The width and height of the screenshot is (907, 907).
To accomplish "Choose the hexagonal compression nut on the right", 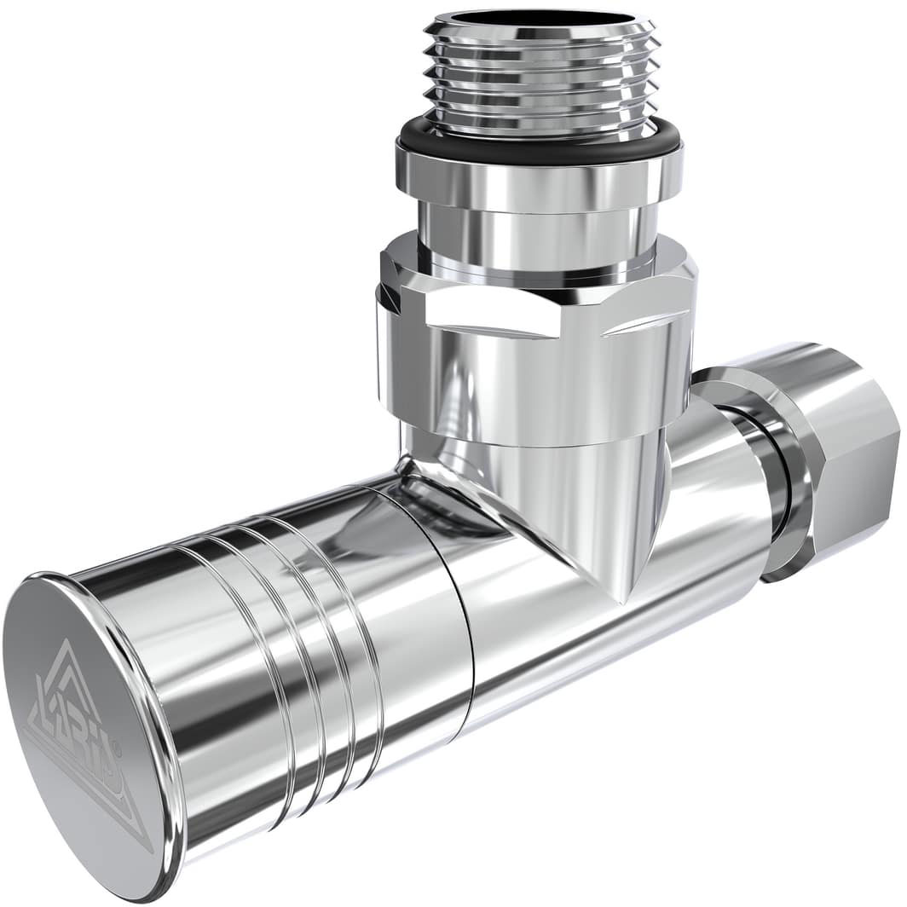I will (x=840, y=460).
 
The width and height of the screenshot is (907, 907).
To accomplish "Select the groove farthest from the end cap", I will (x=358, y=614).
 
